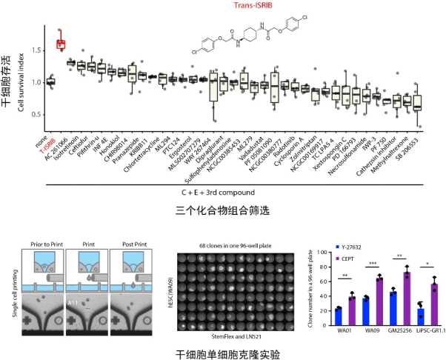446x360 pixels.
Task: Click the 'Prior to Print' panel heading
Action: click(46, 241)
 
